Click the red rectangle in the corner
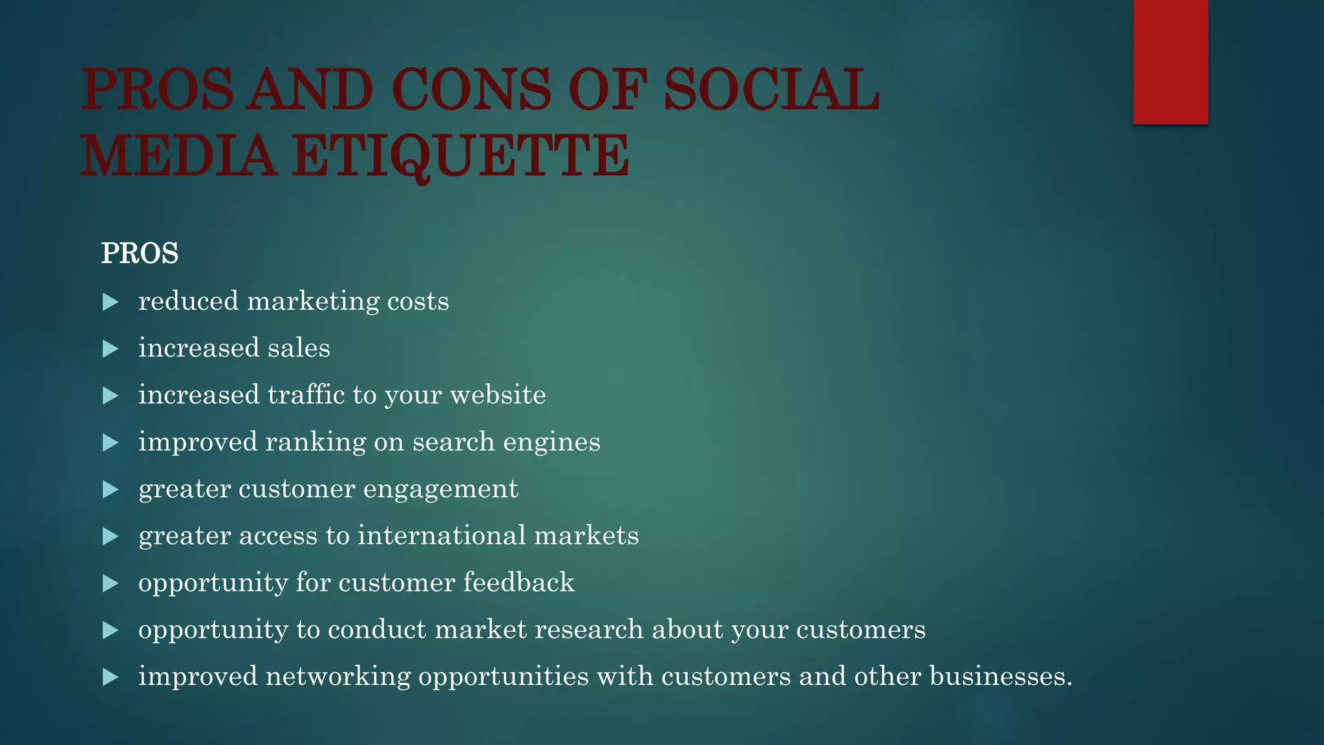tap(1170, 61)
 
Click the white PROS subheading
tap(140, 253)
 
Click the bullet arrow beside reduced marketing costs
tap(111, 302)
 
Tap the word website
tap(498, 394)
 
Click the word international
tap(442, 535)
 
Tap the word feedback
tap(518, 582)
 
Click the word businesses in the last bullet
tap(1000, 676)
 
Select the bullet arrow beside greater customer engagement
tap(111, 490)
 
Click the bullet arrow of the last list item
tap(111, 677)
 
